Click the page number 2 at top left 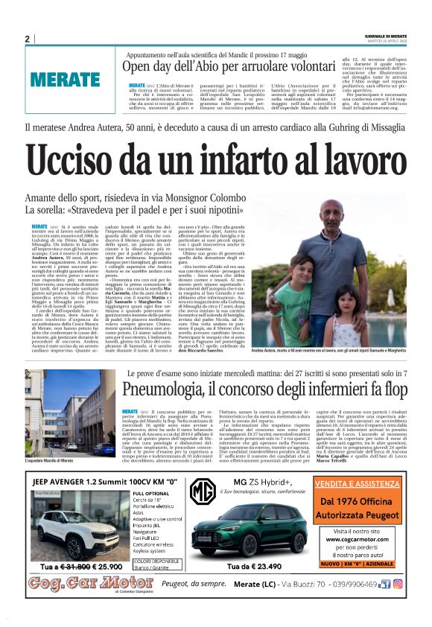[27, 39]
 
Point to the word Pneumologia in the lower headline [171, 389]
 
